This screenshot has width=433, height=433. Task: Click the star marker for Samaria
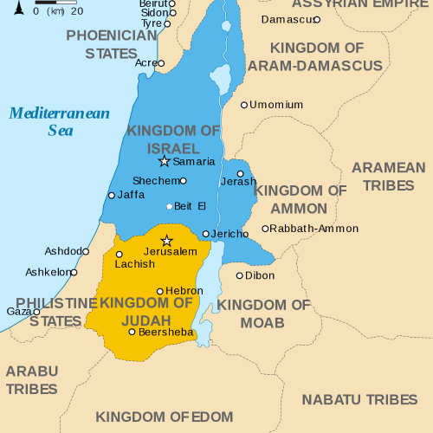pos(164,161)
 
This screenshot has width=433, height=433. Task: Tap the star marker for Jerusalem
pos(167,240)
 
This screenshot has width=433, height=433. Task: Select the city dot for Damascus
pos(317,19)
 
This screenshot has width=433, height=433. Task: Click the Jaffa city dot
pos(111,196)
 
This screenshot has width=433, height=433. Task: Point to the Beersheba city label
pos(165,332)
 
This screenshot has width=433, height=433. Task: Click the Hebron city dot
pos(159,292)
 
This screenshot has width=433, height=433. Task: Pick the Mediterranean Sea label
pos(59,122)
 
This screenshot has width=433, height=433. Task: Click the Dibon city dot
pos(240,275)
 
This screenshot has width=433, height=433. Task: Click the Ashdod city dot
pos(86,251)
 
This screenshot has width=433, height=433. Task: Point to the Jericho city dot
pos(205,234)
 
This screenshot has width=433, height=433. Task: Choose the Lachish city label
pos(134,264)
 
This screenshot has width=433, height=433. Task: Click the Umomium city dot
pos(244,105)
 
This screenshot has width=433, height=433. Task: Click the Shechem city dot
pos(183,180)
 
